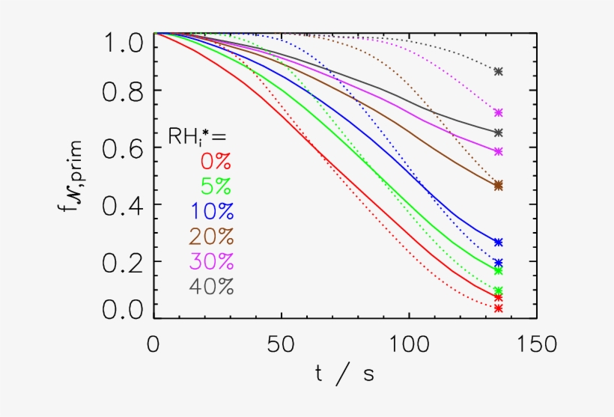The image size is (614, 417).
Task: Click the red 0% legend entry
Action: point(215,162)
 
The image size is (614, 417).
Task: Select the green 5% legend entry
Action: point(215,186)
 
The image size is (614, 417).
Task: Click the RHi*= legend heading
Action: point(196,136)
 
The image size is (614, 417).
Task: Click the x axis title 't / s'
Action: point(344,374)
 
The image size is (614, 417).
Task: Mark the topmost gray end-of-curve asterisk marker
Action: point(499,72)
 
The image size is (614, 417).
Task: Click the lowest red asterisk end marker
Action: point(499,308)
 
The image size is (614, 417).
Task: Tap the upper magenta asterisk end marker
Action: point(499,112)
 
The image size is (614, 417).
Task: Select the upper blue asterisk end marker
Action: point(499,242)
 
